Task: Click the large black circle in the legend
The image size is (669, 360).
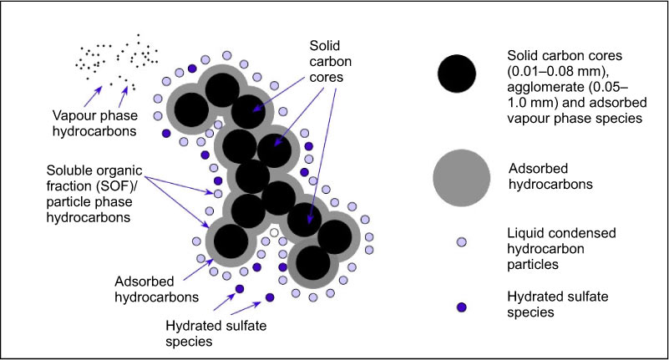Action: [x=457, y=74]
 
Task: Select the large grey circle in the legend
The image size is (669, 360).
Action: [x=461, y=178]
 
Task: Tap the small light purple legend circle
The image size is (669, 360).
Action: [x=461, y=242]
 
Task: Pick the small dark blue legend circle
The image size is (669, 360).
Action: [x=461, y=307]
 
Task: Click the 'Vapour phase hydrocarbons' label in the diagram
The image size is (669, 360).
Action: [x=94, y=124]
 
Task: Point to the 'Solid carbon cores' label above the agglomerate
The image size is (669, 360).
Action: [x=331, y=61]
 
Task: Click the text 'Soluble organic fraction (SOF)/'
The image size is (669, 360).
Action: [x=94, y=178]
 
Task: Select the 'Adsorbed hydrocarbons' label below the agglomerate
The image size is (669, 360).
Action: [x=156, y=289]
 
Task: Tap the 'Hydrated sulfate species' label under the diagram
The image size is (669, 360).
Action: [x=215, y=333]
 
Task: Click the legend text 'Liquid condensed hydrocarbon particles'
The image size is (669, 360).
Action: [x=561, y=249]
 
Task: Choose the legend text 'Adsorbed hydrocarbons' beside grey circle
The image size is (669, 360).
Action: [x=550, y=176]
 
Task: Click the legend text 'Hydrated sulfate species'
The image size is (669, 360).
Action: [x=558, y=304]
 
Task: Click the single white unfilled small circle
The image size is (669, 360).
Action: [x=274, y=232]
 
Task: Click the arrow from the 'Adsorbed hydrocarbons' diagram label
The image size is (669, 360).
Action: [x=198, y=269]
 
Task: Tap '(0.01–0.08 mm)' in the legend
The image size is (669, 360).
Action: [x=560, y=71]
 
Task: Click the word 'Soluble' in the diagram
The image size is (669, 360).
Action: [x=70, y=170]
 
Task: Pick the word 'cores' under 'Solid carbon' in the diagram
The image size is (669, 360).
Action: [x=327, y=77]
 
